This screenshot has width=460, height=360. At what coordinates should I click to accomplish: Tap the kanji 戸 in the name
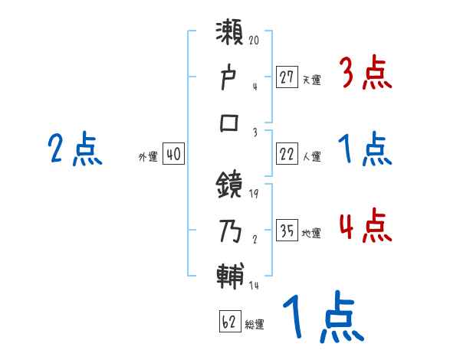(x=231, y=79)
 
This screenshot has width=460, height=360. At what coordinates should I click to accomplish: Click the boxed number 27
(x=287, y=77)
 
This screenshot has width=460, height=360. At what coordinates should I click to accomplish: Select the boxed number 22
(x=287, y=154)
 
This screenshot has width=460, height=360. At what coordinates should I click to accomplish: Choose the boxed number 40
(x=173, y=154)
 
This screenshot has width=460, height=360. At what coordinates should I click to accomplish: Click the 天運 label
(x=311, y=79)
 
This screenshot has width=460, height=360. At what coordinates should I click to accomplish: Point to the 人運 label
(x=311, y=156)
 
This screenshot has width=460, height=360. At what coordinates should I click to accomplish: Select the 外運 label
(x=148, y=156)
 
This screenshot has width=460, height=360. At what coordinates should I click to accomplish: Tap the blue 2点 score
(x=74, y=149)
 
